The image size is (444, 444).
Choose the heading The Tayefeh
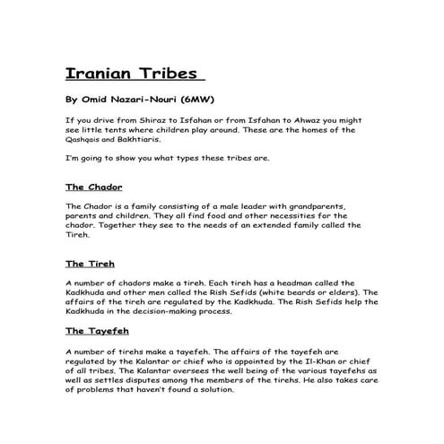point(98,331)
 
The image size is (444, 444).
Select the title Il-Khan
point(320,360)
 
